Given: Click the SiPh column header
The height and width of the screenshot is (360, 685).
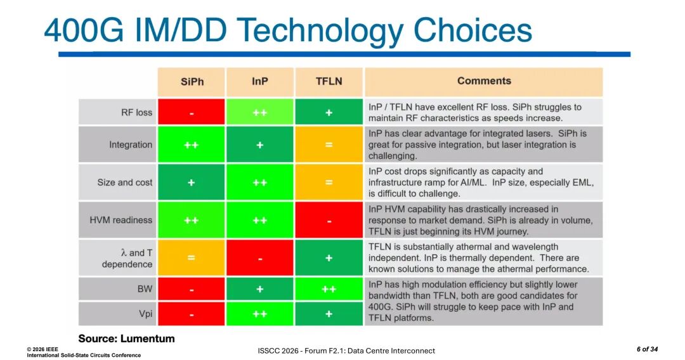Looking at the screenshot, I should tap(192, 82).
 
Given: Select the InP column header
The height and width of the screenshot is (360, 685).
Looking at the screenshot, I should tap(260, 82).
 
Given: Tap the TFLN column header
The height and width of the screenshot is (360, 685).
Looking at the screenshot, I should tap(329, 82).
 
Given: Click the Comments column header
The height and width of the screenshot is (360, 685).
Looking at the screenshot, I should tap(483, 81).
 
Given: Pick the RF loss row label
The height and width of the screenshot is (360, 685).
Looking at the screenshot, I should tap(136, 112).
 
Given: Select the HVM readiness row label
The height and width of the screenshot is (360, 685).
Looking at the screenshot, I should tap(121, 220).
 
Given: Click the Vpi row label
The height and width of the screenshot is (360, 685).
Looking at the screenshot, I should tap(145, 314).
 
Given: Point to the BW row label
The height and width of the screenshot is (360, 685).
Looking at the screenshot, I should tap(145, 289).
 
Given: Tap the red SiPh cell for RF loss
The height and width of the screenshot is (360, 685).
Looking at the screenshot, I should tap(192, 112).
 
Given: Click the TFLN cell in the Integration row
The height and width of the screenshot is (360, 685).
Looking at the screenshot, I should tap(329, 145).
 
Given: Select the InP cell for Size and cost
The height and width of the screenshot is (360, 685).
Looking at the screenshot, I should tap(260, 183).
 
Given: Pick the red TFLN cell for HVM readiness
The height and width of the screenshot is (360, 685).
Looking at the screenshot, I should tap(329, 220).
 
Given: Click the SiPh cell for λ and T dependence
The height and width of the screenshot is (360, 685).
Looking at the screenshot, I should tap(192, 258).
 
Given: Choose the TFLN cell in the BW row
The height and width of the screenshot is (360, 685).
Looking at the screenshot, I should tap(329, 289).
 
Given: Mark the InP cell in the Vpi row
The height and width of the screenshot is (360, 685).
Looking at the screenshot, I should tap(260, 314).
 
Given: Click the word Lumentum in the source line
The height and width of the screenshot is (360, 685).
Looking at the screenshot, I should tap(147, 338).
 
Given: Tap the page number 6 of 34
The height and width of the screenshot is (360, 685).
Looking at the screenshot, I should tap(647, 349).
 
